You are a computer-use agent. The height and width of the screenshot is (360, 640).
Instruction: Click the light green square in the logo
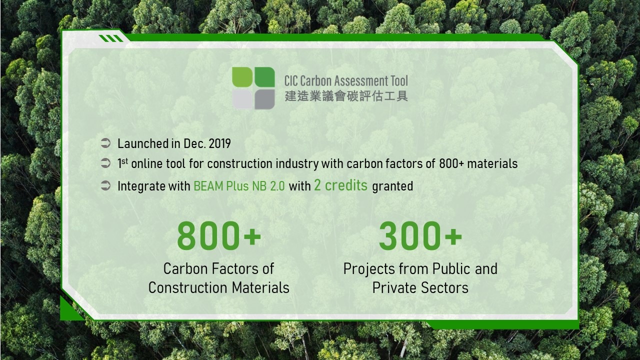coord(242,77)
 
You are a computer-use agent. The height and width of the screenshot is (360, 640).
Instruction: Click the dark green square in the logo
coord(264,77)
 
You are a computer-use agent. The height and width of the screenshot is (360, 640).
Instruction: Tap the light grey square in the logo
coord(242,99)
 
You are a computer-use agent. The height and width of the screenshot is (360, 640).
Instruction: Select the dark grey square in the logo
coord(264,99)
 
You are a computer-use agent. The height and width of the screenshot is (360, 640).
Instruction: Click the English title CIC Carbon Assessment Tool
coord(346,81)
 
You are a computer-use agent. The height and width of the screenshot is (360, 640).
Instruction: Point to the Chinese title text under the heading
coord(346,96)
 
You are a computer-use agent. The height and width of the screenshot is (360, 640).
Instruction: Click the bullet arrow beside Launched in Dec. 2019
coord(105,143)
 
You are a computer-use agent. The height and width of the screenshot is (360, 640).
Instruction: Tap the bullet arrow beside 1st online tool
coord(105,163)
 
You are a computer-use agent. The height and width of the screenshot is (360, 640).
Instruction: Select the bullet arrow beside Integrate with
coord(105,185)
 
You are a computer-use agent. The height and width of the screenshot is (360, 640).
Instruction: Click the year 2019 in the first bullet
coord(219,143)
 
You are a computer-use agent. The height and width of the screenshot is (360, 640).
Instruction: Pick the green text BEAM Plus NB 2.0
coord(239,186)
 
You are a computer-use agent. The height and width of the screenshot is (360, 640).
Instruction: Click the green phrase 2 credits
coord(340,185)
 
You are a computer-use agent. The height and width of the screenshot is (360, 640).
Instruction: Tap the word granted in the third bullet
coord(392,186)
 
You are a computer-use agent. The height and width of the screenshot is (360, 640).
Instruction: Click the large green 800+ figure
coord(219,236)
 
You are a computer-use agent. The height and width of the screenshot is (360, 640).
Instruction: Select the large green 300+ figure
coord(420,236)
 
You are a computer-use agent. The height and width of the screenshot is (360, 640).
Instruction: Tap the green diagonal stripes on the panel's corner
coord(111,38)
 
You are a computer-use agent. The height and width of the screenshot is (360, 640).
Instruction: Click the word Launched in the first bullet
coord(143,143)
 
